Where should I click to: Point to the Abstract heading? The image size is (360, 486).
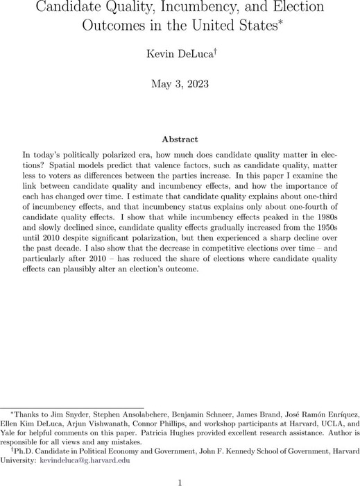[x=180, y=138]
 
